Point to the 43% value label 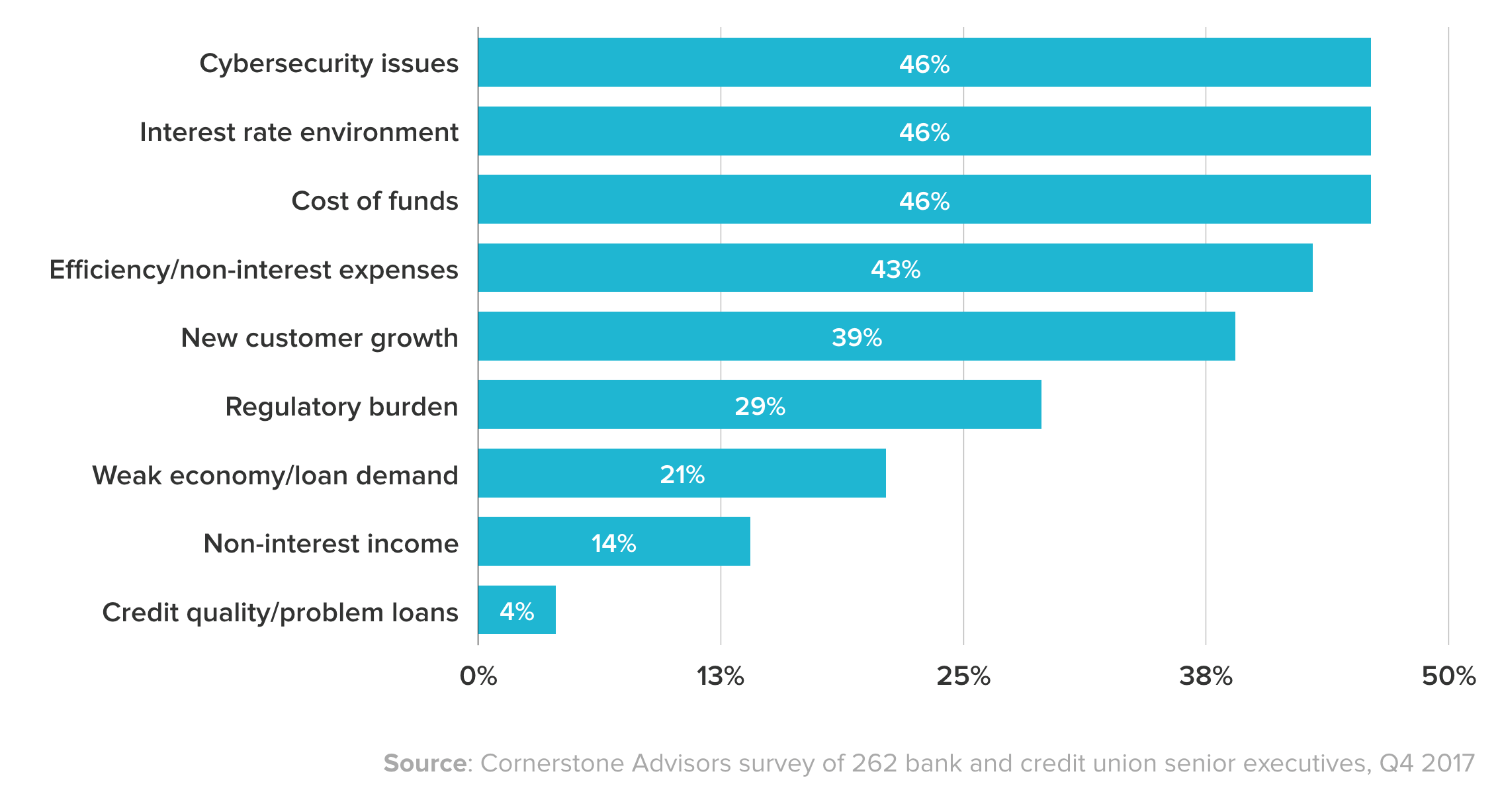895,269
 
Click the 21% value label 682,474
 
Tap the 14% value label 613,543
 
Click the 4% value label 517,611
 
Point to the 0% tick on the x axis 478,676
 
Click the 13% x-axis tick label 720,676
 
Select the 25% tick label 963,676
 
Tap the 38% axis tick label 1206,676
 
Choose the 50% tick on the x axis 1448,676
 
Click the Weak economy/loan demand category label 275,475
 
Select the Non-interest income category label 331,543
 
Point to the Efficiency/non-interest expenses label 253,270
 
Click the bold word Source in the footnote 425,763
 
